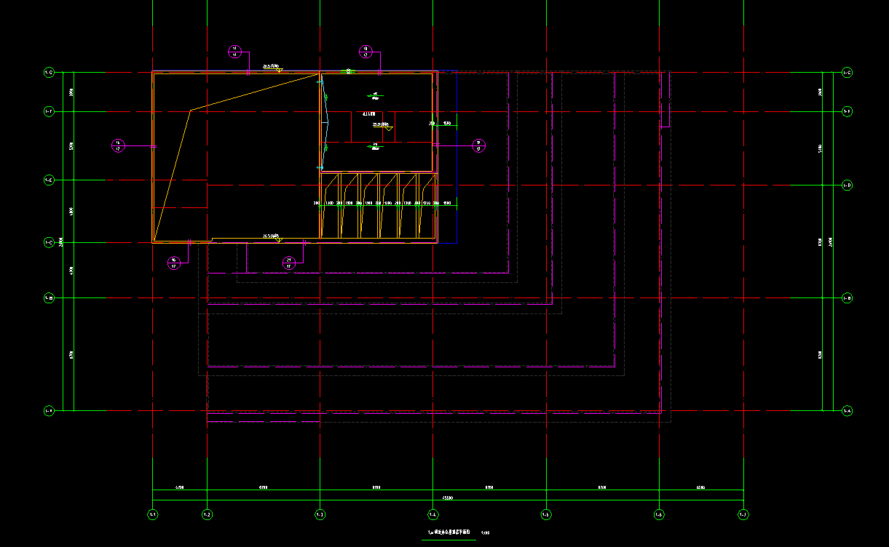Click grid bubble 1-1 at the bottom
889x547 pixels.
153,514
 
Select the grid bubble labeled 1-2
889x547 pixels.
208,514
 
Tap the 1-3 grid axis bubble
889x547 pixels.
320,514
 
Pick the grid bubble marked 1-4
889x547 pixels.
433,514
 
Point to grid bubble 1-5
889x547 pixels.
546,514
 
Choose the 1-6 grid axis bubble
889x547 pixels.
659,514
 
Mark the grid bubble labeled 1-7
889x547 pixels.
743,514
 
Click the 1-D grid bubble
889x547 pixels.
847,185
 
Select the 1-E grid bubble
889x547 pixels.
49,180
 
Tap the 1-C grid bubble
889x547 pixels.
49,242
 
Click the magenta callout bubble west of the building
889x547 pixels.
118,146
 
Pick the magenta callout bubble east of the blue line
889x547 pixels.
478,145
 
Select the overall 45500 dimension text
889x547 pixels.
447,498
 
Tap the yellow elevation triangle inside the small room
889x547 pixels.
389,128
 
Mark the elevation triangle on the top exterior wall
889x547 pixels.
279,70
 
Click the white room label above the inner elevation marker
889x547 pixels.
368,113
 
